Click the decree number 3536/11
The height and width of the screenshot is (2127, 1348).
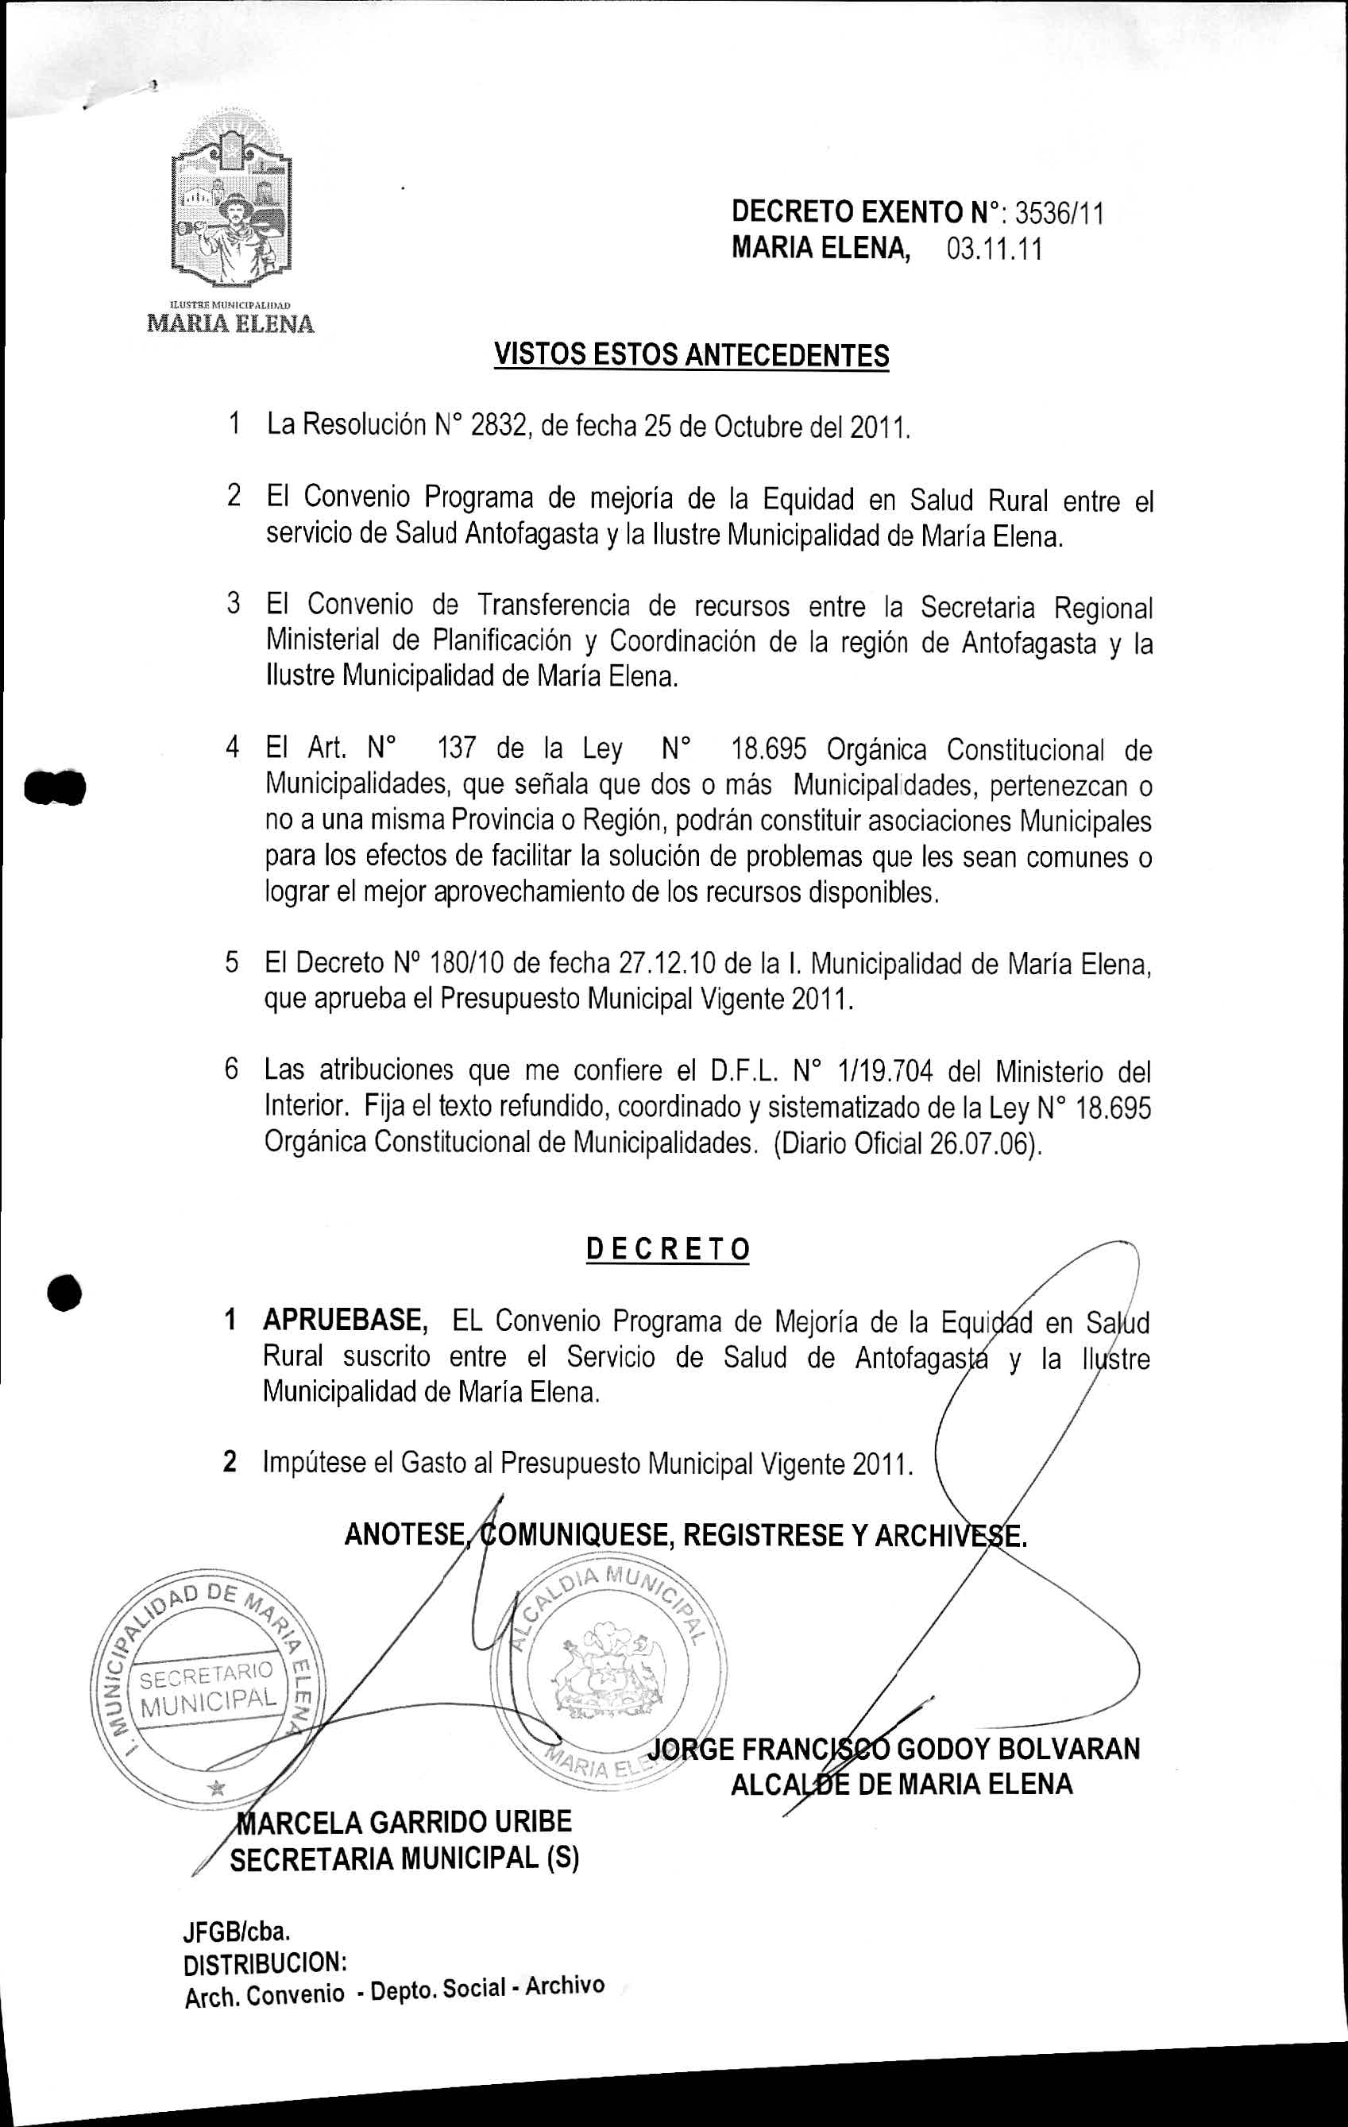pyautogui.click(x=1059, y=214)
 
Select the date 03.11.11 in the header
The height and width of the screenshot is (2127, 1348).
pyautogui.click(x=994, y=250)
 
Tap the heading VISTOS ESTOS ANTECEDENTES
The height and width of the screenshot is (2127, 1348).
pyautogui.click(x=691, y=355)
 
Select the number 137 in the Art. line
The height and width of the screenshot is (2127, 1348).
pyautogui.click(x=457, y=749)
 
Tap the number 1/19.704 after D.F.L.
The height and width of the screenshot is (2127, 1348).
pyautogui.click(x=889, y=1072)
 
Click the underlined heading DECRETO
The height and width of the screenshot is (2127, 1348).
pyautogui.click(x=668, y=1250)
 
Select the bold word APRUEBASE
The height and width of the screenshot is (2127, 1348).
pyautogui.click(x=346, y=1321)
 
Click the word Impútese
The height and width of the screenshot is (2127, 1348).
pyautogui.click(x=315, y=1463)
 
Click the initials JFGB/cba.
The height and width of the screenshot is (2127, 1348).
pyautogui.click(x=237, y=1931)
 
